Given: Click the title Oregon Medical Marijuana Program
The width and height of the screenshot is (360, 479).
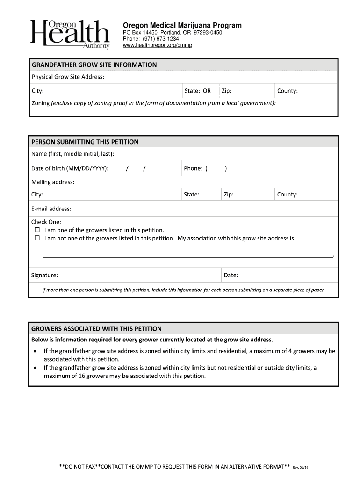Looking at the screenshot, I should click(x=182, y=25).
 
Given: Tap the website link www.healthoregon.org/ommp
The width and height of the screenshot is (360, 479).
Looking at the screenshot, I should click(x=157, y=45).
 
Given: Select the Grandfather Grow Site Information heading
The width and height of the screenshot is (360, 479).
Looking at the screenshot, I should click(x=94, y=65).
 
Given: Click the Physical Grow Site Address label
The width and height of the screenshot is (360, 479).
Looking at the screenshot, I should click(x=68, y=77).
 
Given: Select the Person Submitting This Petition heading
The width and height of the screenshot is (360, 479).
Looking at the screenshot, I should click(x=85, y=142).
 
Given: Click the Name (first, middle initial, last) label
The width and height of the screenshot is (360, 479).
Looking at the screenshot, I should click(x=72, y=154).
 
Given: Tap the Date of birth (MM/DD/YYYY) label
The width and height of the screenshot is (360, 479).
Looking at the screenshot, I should click(x=70, y=168).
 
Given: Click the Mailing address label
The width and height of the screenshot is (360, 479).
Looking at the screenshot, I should click(x=53, y=182).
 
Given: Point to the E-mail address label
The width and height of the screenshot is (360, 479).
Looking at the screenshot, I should click(x=51, y=209).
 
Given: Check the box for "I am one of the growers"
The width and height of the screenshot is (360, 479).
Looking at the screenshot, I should click(x=37, y=230).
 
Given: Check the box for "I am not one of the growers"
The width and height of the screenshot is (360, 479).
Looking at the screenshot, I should click(x=37, y=238).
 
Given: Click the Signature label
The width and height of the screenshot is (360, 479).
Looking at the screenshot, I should click(x=44, y=275).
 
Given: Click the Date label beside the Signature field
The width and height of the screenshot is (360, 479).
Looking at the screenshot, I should click(x=231, y=275).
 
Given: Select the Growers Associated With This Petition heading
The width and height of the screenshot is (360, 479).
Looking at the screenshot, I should click(x=96, y=328).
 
